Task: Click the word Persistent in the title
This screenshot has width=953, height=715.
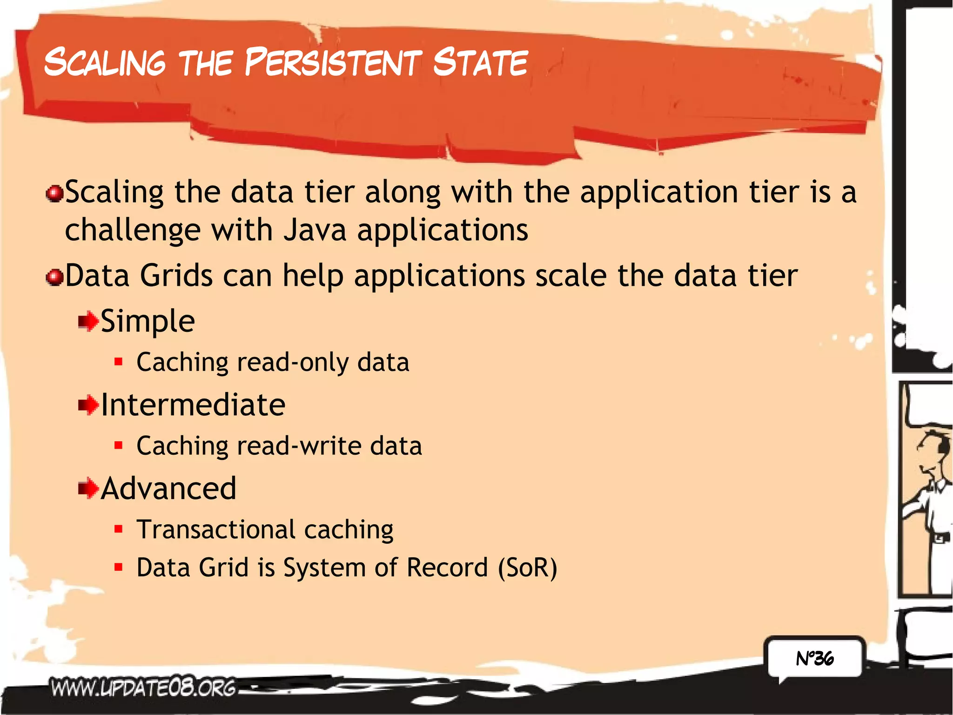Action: (x=333, y=63)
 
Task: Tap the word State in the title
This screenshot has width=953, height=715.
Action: (x=480, y=63)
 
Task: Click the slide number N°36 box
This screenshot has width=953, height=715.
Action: (x=815, y=658)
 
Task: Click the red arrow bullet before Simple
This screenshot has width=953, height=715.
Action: (x=88, y=322)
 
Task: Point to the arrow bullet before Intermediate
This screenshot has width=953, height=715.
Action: (x=88, y=405)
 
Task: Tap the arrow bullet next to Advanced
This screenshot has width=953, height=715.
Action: (x=88, y=489)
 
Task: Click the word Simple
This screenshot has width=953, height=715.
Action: (x=148, y=322)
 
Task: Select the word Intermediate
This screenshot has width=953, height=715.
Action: (x=193, y=405)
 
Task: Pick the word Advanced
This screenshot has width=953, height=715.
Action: (x=168, y=489)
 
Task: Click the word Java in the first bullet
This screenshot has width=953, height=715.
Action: (x=315, y=230)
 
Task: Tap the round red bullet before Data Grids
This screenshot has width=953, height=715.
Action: (x=55, y=277)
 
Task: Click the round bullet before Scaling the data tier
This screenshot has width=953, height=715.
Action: (x=55, y=193)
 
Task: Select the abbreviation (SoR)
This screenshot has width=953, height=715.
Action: (x=527, y=568)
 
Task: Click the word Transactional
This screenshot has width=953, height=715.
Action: (x=216, y=530)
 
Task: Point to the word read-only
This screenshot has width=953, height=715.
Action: (x=293, y=363)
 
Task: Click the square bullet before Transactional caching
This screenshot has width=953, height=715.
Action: (x=119, y=529)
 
